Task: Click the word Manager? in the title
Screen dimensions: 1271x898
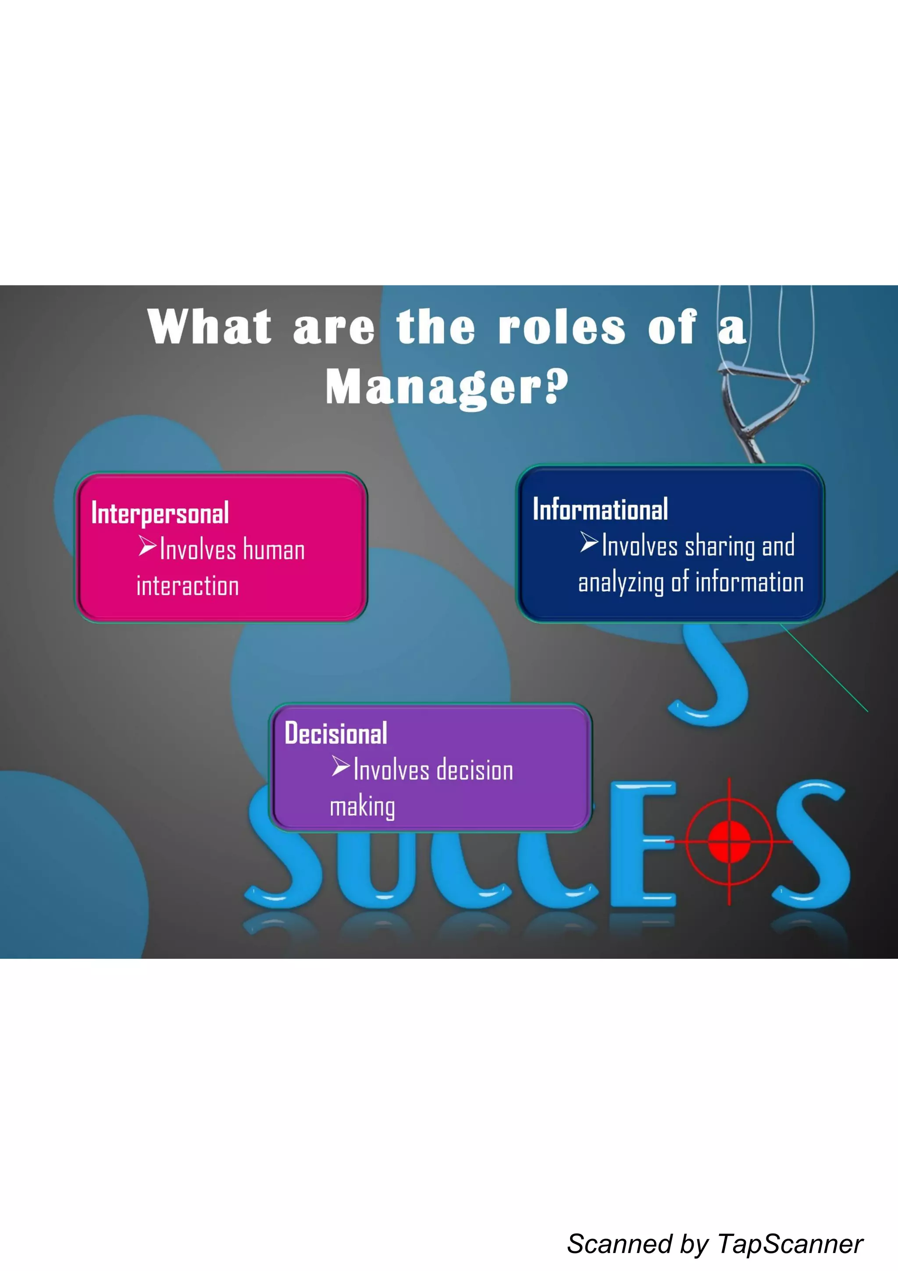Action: (x=446, y=387)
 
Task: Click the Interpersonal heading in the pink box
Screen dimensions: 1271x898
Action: (x=160, y=513)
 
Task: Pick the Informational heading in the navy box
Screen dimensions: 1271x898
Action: (x=600, y=510)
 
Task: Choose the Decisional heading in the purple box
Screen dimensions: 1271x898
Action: (x=335, y=734)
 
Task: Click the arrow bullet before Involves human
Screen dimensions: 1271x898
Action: (x=147, y=546)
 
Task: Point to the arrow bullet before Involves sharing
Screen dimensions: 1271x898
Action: (x=589, y=542)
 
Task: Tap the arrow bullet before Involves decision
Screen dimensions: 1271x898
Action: (x=341, y=767)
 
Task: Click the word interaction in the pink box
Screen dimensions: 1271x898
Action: (x=188, y=586)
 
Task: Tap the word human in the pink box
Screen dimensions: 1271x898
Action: (x=274, y=550)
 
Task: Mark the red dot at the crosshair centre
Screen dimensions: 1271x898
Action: (x=729, y=842)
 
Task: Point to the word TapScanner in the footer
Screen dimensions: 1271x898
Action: (x=790, y=1244)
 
